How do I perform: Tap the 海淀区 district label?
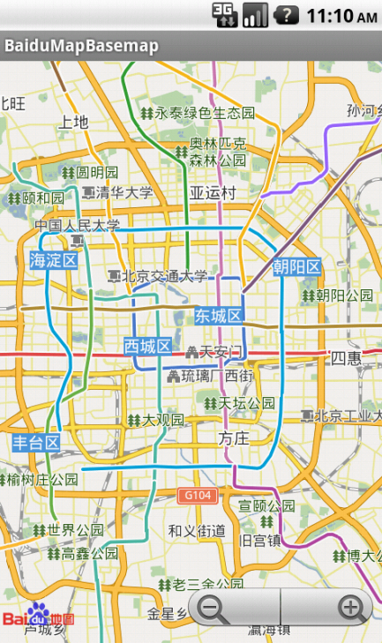coord(53,260)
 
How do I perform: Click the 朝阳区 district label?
coord(296,267)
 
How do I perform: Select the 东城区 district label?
coord(218,316)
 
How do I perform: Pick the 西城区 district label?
coord(147,346)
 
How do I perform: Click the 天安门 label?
coord(213,353)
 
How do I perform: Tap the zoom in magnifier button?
coord(351,608)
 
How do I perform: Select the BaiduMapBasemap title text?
coord(82,46)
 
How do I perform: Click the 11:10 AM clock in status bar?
coord(341,15)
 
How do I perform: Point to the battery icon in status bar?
coord(287,14)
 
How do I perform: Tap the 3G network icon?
coord(225,14)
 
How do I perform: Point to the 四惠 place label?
coord(346,357)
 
